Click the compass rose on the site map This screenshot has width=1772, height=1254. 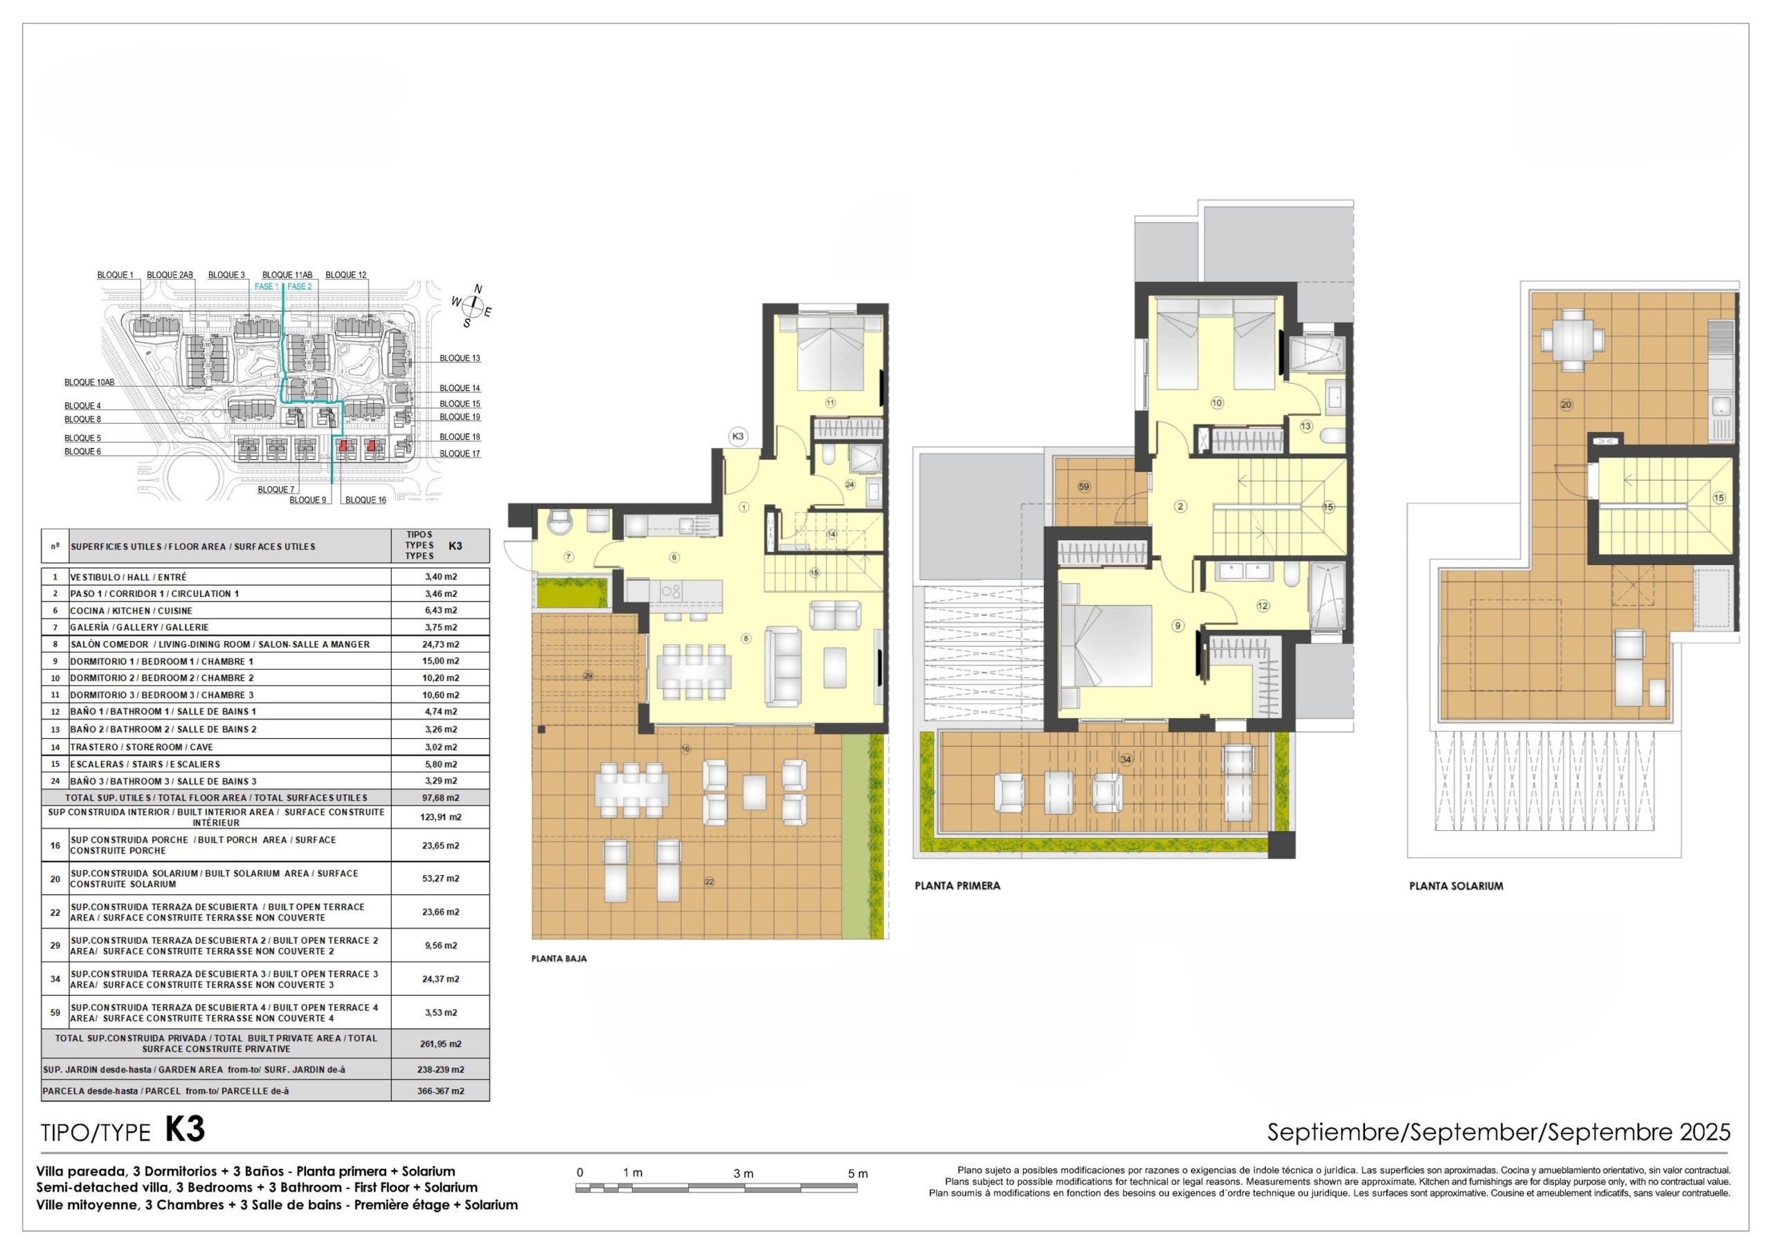pos(471,307)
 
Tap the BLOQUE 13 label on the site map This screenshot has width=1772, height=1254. pos(460,358)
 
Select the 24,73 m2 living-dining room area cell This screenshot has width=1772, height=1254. pos(442,644)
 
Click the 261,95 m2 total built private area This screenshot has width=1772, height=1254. pos(441,1043)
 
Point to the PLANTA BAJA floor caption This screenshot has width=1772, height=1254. pos(559,958)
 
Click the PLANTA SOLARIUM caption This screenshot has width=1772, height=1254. pos(1456,886)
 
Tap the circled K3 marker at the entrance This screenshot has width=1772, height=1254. pos(738,436)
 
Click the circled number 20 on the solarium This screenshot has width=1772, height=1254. pos(1566,404)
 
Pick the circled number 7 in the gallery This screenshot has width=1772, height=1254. pos(569,556)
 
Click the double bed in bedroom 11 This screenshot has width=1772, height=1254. pos(831,353)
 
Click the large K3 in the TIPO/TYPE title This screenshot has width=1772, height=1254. pos(186,1129)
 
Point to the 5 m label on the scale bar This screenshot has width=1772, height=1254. pos(858,1173)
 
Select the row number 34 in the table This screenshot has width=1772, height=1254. pos(55,978)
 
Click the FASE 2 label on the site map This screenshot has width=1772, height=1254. pos(300,287)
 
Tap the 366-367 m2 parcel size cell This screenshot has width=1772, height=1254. pos(441,1091)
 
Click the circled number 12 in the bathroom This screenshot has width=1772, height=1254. pos(1263,606)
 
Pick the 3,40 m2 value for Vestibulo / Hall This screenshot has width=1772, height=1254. pos(441,577)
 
